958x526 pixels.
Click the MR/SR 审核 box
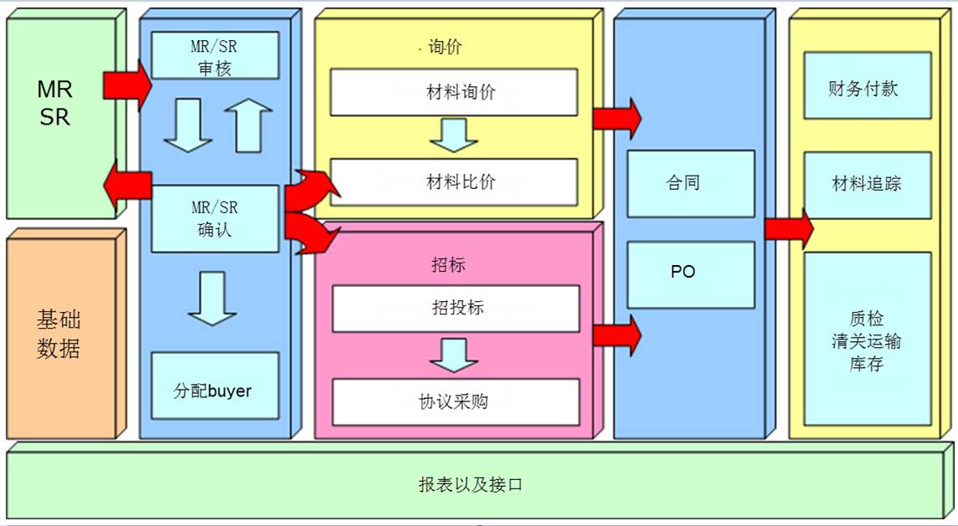click(215, 55)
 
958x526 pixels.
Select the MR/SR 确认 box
click(215, 219)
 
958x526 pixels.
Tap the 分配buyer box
click(215, 386)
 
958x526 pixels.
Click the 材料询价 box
click(454, 92)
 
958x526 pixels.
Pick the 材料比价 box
click(454, 182)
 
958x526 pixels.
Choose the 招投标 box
click(456, 309)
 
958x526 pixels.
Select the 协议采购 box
click(456, 402)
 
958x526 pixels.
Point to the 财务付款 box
click(868, 85)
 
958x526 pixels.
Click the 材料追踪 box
click(868, 185)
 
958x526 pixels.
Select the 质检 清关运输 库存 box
click(868, 339)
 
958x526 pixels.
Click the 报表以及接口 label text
click(471, 485)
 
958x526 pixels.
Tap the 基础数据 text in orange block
click(58, 334)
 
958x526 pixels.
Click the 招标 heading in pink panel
click(448, 265)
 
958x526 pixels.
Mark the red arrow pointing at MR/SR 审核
click(127, 85)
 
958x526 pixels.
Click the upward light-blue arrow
click(248, 125)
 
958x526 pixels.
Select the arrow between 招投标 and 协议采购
click(454, 355)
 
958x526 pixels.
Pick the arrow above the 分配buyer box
click(212, 299)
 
